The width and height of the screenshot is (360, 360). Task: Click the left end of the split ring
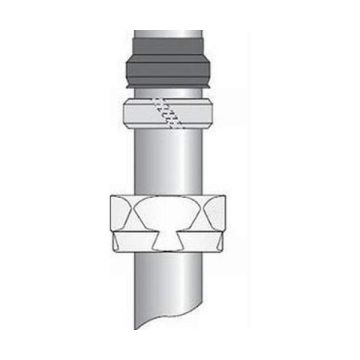(x=127, y=113)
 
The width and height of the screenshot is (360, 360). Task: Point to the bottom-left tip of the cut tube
(x=135, y=328)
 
